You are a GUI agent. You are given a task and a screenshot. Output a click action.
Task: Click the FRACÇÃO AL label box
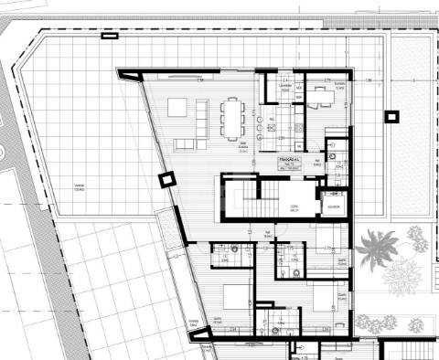coord(290,163)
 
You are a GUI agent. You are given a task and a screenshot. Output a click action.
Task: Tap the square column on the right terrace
coord(391,116)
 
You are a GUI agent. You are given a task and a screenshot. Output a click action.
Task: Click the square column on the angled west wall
coord(166,180)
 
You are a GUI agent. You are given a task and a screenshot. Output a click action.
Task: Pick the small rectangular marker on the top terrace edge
coord(109,37)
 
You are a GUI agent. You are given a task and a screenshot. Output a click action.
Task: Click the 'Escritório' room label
coord(339,86)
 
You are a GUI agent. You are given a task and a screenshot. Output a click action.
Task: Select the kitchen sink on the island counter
coord(271,118)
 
